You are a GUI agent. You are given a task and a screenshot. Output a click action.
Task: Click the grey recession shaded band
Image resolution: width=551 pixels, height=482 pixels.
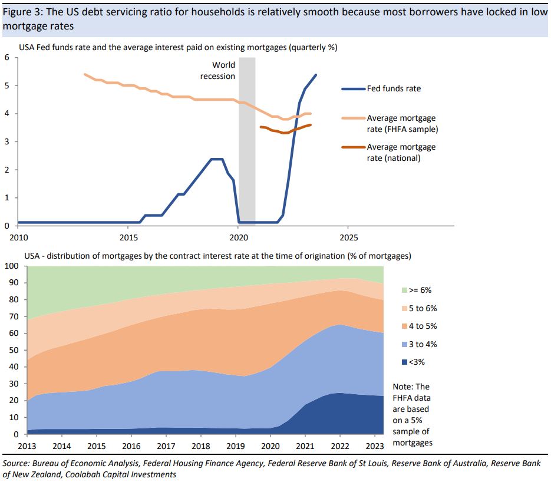point(247,177)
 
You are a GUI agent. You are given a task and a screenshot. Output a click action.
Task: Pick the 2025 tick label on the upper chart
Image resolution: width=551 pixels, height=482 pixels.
point(348,237)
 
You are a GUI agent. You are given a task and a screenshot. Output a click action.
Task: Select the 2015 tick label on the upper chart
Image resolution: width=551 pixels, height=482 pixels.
point(128,237)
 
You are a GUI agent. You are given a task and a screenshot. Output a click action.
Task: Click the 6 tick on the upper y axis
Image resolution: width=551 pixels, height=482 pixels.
point(7,58)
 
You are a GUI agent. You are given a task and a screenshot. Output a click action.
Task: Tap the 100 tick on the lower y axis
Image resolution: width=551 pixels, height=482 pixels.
point(13,266)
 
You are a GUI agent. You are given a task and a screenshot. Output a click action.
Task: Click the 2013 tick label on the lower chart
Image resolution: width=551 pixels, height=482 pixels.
point(28,446)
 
